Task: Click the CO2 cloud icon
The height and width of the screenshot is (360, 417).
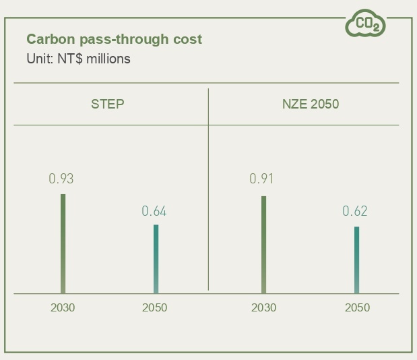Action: (x=366, y=24)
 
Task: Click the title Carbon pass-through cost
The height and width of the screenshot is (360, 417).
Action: (x=114, y=39)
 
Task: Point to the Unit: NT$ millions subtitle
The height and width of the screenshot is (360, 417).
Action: (x=78, y=59)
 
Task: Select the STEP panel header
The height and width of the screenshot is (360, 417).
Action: (x=108, y=104)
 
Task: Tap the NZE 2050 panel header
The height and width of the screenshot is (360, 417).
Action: (x=310, y=104)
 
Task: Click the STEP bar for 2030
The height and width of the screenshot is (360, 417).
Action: (x=63, y=243)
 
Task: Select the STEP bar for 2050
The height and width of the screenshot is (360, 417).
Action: (x=156, y=259)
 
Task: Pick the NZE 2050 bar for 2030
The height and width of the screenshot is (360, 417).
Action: (x=263, y=245)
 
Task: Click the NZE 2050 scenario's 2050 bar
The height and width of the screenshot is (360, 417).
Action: (x=356, y=260)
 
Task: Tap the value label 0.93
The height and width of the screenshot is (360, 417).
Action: (x=61, y=179)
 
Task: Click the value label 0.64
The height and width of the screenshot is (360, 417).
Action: (x=154, y=212)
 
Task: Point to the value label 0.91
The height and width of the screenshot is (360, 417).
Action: (x=262, y=179)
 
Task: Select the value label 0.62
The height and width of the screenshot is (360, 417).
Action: (x=355, y=212)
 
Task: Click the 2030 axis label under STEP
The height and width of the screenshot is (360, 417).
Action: (x=63, y=307)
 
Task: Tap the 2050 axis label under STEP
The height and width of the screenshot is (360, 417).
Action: (x=155, y=307)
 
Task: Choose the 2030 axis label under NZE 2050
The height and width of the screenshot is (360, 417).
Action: (x=263, y=307)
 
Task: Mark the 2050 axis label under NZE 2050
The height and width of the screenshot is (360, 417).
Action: (x=357, y=307)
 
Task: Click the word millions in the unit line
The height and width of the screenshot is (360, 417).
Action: (x=108, y=59)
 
